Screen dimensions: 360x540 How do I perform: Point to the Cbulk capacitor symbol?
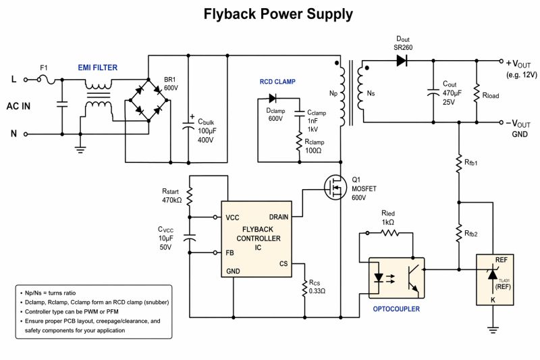[188, 126]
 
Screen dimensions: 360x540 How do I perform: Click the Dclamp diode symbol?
[272, 100]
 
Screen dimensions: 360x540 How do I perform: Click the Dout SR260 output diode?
[402, 61]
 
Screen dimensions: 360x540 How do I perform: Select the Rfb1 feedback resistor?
[458, 163]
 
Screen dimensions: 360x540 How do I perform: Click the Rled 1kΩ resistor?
[390, 233]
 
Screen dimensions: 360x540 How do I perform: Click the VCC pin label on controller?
[233, 218]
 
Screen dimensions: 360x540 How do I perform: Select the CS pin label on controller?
[284, 264]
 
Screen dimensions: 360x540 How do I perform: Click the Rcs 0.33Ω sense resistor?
[304, 288]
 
